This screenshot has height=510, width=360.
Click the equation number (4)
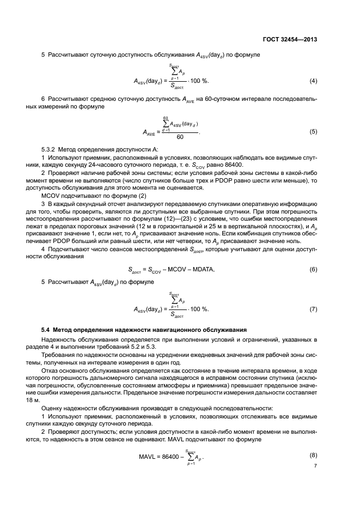[x=313, y=81]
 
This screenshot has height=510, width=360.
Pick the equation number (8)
[x=313, y=455]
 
